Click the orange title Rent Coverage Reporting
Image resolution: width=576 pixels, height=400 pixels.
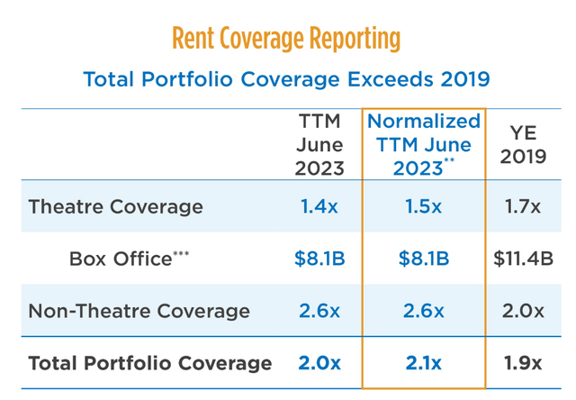click(x=286, y=39)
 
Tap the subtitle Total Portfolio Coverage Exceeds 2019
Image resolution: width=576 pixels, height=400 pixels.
click(x=286, y=79)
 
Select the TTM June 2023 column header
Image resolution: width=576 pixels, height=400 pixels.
click(x=319, y=144)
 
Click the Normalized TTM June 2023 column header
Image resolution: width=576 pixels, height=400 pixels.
click(x=425, y=144)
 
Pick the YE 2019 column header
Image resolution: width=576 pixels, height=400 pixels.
click(x=523, y=144)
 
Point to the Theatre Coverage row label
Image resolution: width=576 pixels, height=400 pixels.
click(x=116, y=206)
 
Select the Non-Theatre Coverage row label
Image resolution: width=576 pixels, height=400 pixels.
click(x=139, y=311)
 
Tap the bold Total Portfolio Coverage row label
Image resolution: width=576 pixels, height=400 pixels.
click(x=150, y=363)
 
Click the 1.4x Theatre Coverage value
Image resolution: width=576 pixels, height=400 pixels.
click(x=319, y=206)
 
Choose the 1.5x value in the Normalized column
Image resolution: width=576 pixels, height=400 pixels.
click(x=423, y=206)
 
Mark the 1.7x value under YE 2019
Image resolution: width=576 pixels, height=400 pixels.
click(x=522, y=206)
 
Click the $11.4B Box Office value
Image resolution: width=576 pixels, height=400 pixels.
click(x=523, y=259)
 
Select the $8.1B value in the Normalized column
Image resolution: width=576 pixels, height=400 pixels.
click(x=423, y=259)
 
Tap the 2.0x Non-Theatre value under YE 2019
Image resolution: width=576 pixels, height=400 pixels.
click(x=522, y=311)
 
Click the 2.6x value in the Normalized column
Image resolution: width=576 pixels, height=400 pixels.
click(x=423, y=311)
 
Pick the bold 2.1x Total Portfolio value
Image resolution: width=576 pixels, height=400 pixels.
click(x=423, y=363)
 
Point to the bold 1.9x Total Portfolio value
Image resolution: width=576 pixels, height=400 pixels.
click(x=522, y=363)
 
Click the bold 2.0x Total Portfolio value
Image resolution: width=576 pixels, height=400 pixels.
click(x=319, y=363)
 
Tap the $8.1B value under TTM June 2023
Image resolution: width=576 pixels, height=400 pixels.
click(x=319, y=259)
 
